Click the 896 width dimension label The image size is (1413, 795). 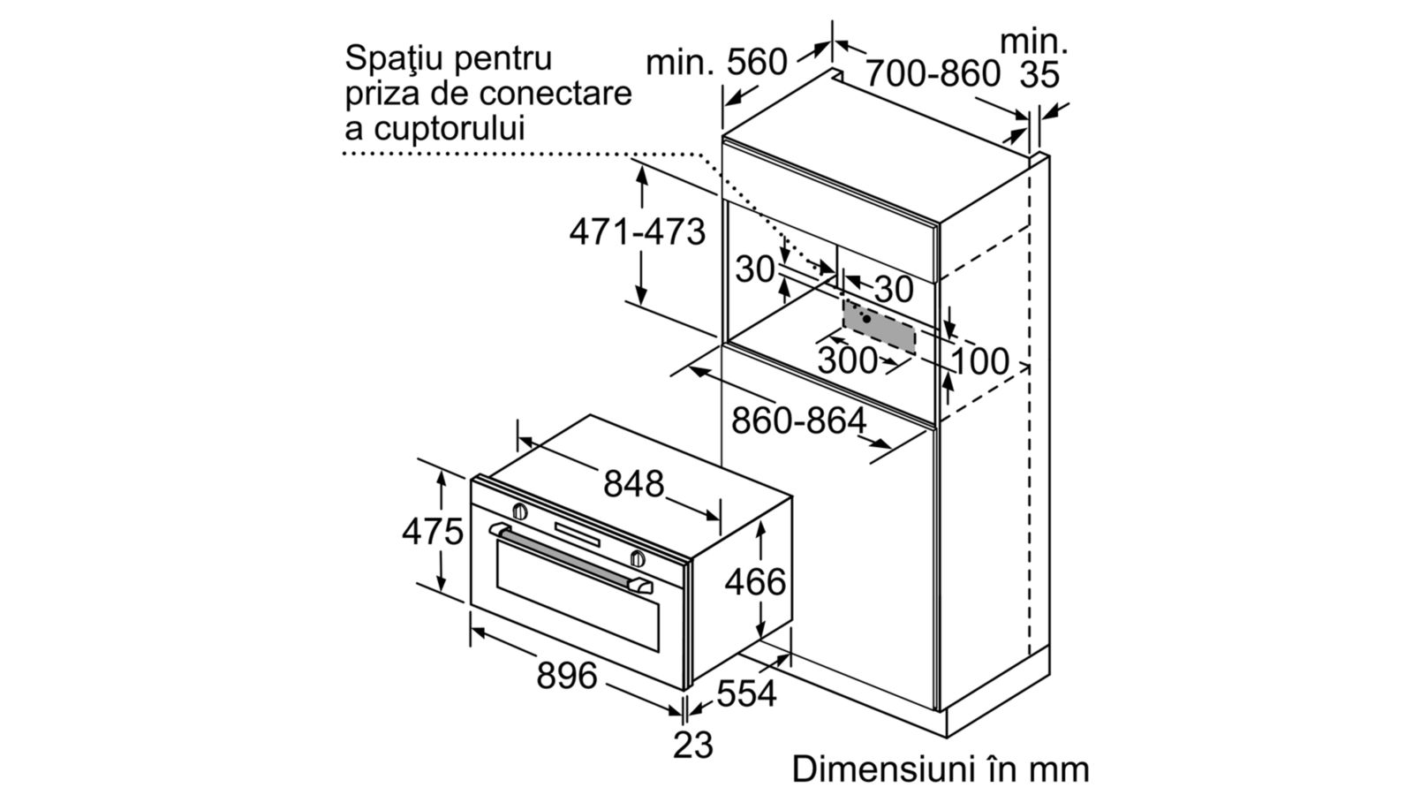tap(566, 676)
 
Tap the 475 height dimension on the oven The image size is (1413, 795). tap(433, 531)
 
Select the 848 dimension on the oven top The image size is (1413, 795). tap(633, 484)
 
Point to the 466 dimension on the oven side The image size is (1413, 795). tap(755, 582)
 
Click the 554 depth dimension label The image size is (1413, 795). tap(746, 693)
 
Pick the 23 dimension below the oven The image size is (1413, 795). tap(692, 746)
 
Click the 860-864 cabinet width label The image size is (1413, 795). tap(798, 420)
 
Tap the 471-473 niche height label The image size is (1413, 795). tap(637, 231)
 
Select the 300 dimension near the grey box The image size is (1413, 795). tap(848, 361)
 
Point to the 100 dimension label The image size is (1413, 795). tap(979, 361)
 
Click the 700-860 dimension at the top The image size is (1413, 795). tap(933, 74)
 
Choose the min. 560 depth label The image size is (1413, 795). tap(716, 63)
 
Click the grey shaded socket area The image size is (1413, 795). tap(879, 326)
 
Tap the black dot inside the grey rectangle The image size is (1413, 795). tap(866, 319)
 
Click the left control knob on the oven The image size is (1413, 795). tap(520, 511)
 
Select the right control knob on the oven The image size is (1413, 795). tap(638, 558)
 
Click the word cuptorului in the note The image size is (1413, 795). tap(450, 129)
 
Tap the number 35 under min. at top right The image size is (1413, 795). tap(1039, 74)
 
